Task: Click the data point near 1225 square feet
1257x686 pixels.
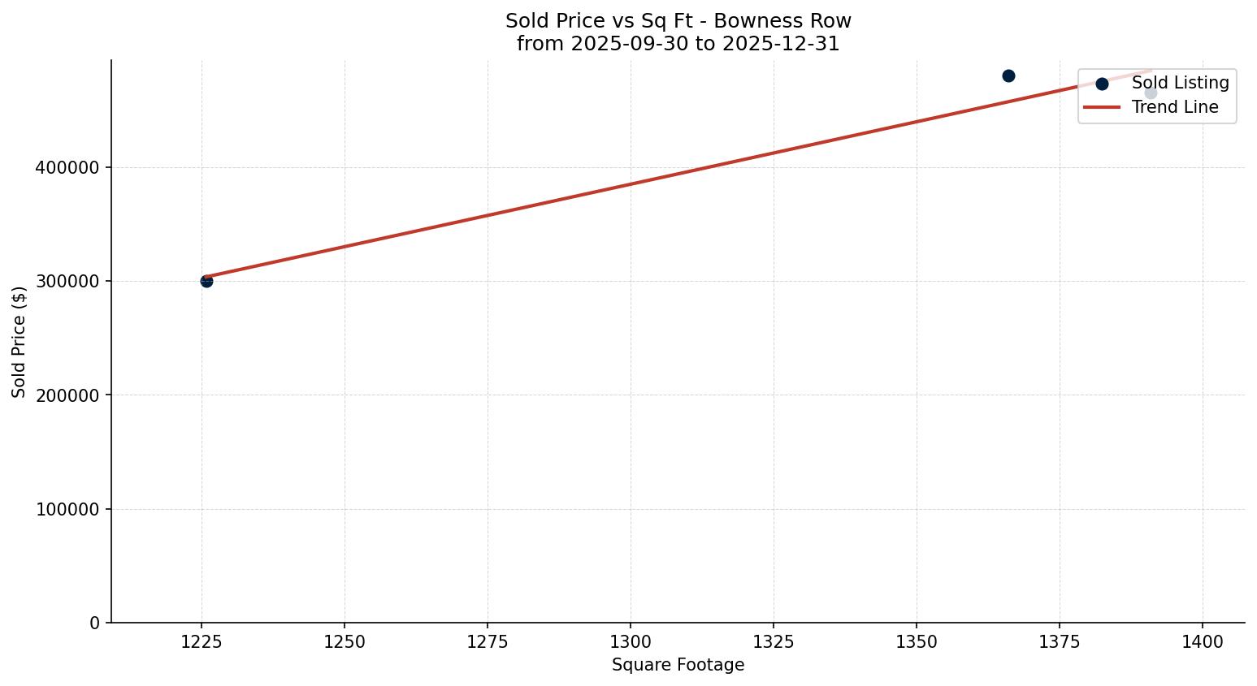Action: pyautogui.click(x=206, y=281)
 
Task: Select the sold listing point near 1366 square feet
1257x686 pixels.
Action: pyautogui.click(x=1008, y=76)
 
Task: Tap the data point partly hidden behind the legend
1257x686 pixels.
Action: pyautogui.click(x=1151, y=93)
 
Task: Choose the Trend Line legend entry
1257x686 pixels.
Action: pyautogui.click(x=1175, y=107)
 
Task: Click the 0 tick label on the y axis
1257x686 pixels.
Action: pyautogui.click(x=94, y=623)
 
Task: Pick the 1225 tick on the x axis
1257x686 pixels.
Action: pyautogui.click(x=202, y=642)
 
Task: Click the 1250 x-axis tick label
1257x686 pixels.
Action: pyautogui.click(x=345, y=642)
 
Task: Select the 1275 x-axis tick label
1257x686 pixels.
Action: pyautogui.click(x=488, y=642)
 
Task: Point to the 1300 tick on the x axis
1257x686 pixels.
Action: pyautogui.click(x=631, y=642)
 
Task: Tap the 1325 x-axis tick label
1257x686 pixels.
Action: pyautogui.click(x=774, y=642)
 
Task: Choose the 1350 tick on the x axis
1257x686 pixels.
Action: pyautogui.click(x=917, y=642)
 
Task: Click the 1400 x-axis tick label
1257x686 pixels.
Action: pyautogui.click(x=1203, y=642)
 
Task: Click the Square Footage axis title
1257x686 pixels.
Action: pyautogui.click(x=678, y=666)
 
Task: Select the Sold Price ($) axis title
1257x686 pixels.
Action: pyautogui.click(x=20, y=342)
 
